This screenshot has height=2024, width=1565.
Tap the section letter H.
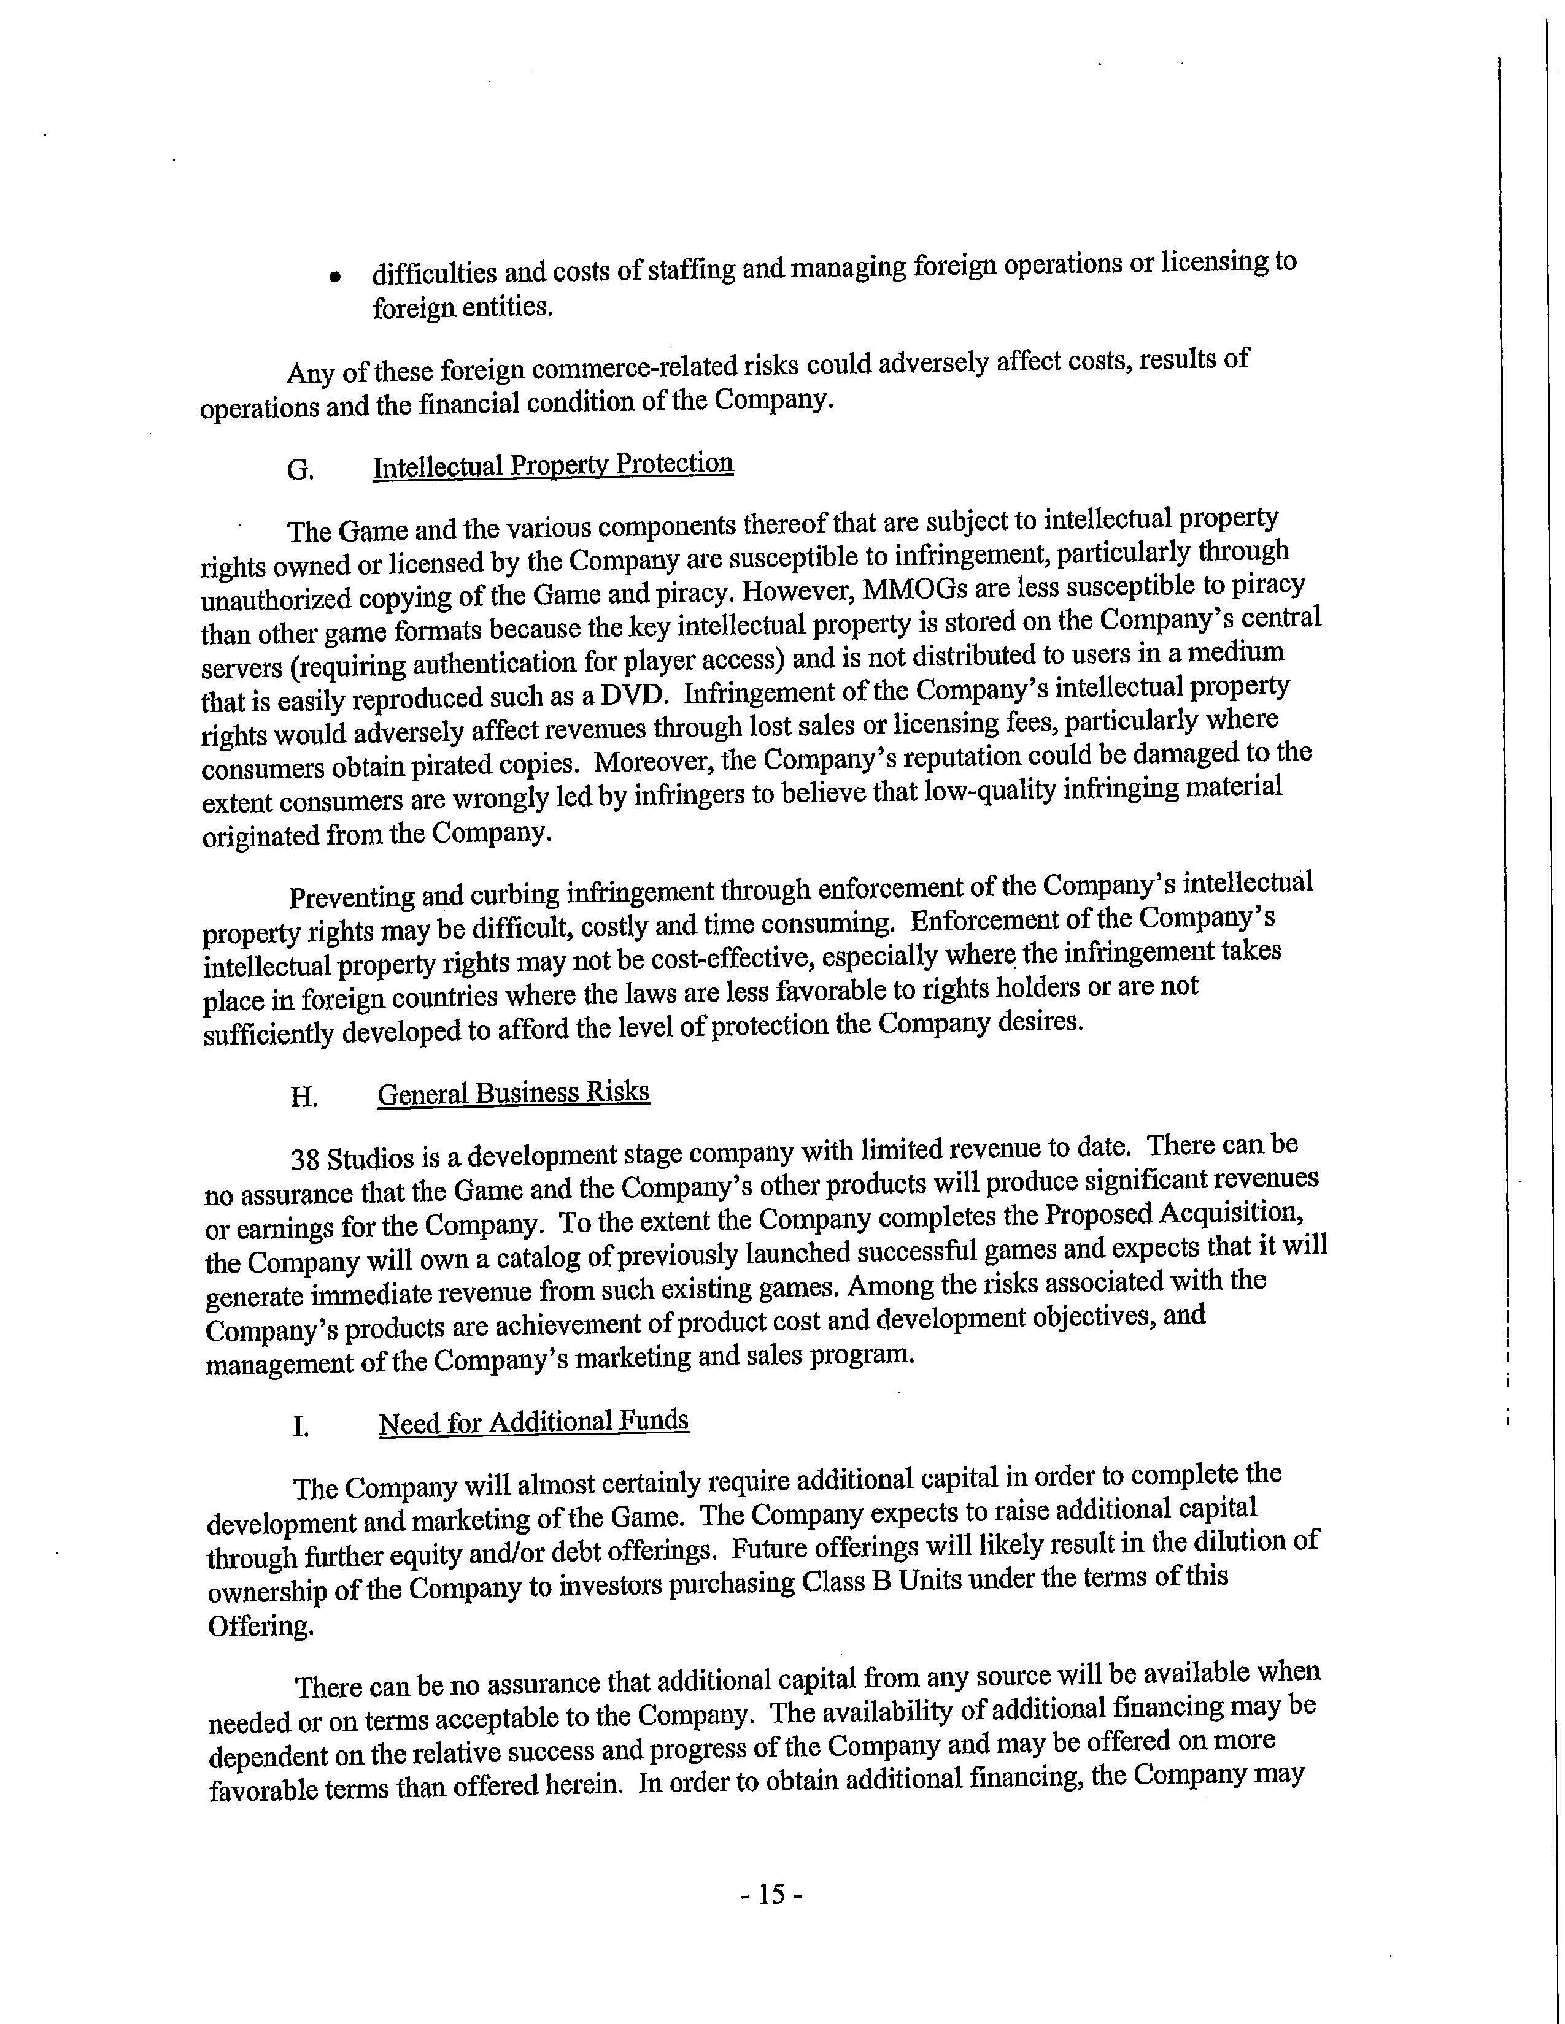click(x=303, y=1098)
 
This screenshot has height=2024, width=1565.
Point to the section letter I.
click(x=299, y=1427)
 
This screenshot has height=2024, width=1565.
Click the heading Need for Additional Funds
click(x=533, y=1422)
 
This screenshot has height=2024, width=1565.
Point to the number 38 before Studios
click(x=306, y=1160)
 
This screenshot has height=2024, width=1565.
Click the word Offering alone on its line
click(x=260, y=1627)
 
